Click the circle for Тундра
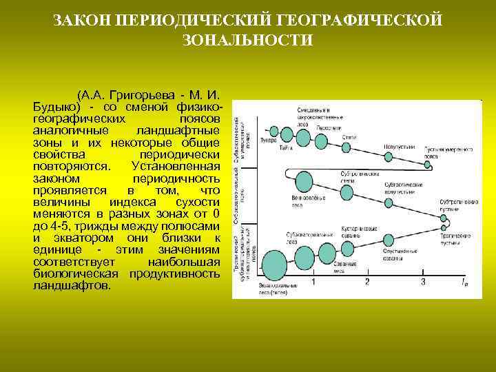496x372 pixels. (273, 131)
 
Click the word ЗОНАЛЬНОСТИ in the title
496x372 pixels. (248, 41)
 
